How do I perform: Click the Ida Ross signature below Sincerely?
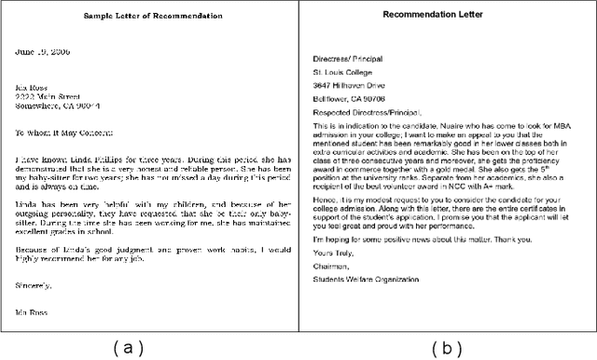[34, 312]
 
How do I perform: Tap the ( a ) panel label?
[129, 347]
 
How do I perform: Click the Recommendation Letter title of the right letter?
[447, 16]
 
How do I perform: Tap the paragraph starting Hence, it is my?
[449, 207]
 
